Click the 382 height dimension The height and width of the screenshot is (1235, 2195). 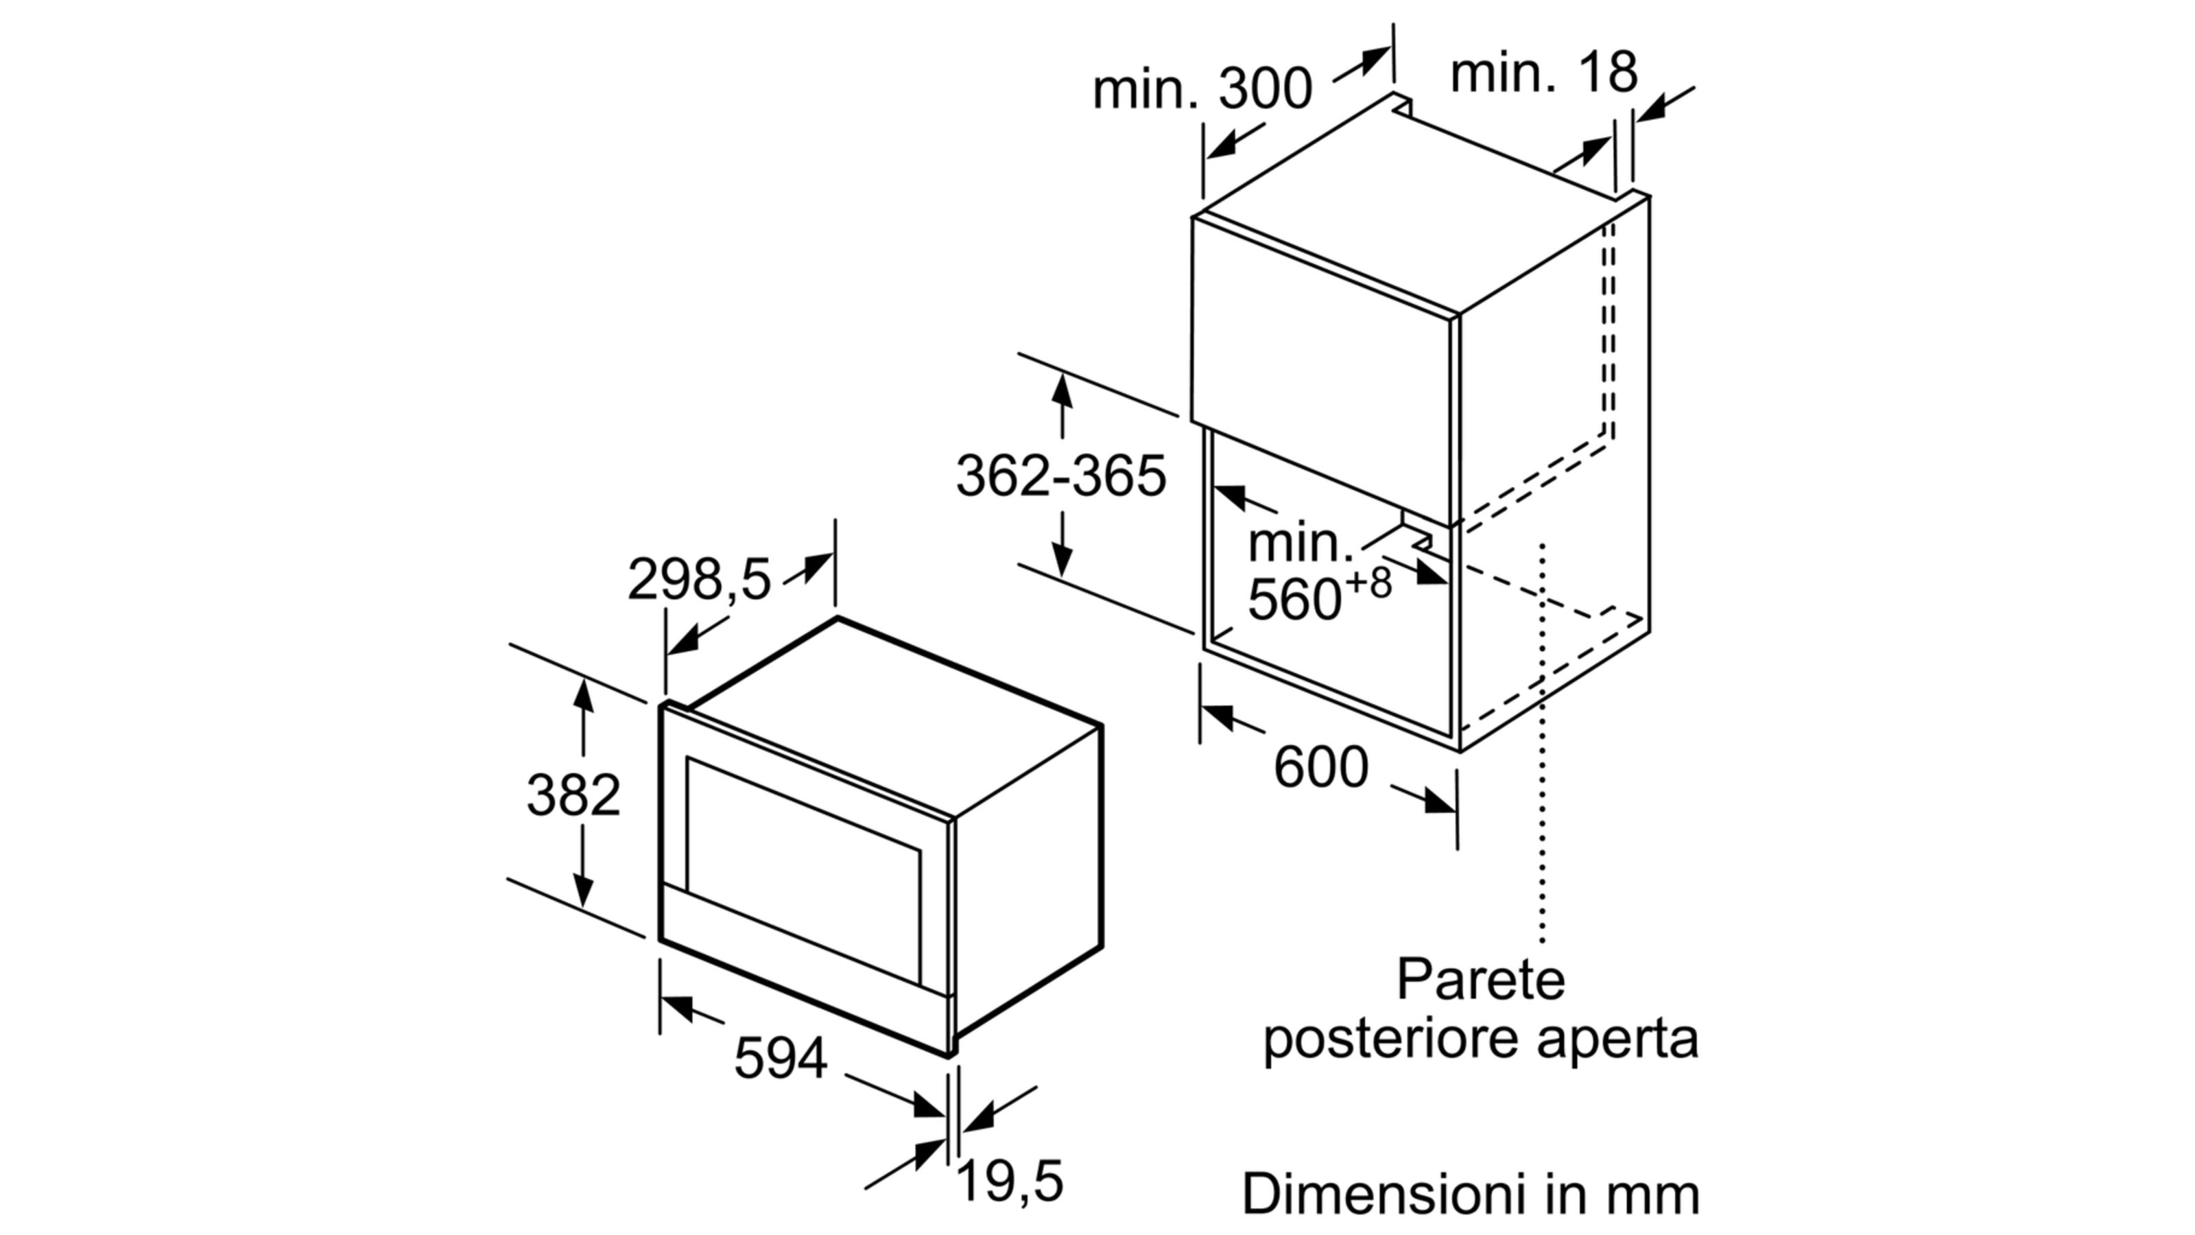pos(573,795)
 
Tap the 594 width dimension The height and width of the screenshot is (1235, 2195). pos(781,1059)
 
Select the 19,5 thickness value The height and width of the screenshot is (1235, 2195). pos(1010,1182)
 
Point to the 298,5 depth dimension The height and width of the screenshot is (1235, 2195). pos(699,580)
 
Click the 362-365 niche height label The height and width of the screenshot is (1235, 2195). pos(1061,475)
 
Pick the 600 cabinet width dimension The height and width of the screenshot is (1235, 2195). pos(1320,767)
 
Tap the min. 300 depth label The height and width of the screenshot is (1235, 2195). pos(1202,89)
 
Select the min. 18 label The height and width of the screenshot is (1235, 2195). pos(1543,73)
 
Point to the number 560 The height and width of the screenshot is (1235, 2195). pos(1295,598)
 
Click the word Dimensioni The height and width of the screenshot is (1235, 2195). pos(1384,1193)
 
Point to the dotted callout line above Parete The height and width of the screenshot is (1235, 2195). pos(1542,742)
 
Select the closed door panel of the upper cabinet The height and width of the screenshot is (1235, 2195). pos(1320,370)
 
